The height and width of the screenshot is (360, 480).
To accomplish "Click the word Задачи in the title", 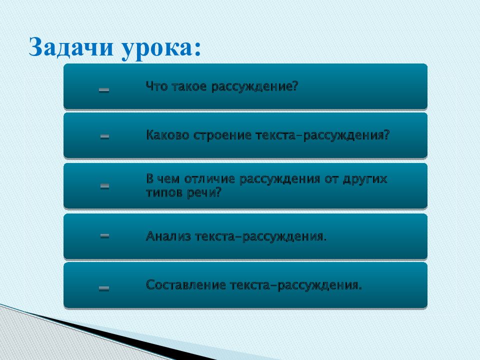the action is (x=71, y=46).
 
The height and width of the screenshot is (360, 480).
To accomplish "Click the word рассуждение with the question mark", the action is (x=254, y=87).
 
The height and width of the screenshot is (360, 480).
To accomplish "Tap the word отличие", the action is (x=209, y=179).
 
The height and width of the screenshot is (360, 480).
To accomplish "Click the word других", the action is (x=365, y=179).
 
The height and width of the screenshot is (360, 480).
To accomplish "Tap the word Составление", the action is (x=186, y=285).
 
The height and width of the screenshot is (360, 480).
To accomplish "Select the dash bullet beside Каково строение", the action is (x=104, y=136).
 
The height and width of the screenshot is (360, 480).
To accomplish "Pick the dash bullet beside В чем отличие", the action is (x=104, y=186).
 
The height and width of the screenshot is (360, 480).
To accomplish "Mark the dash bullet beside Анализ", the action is (x=104, y=235).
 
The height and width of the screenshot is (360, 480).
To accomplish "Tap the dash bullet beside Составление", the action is (x=104, y=288).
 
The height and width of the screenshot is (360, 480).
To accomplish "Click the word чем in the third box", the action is (x=168, y=179).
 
